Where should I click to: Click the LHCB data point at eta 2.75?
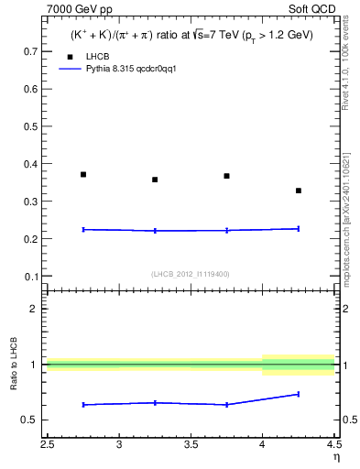click(83, 174)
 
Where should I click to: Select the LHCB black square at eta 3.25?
click(155, 180)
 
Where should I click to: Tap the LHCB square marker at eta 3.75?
click(226, 176)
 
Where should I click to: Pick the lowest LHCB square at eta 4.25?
click(299, 191)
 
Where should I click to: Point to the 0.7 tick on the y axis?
click(31, 52)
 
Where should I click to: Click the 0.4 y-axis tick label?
click(31, 164)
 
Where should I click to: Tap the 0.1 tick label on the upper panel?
click(31, 276)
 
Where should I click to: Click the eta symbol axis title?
click(335, 455)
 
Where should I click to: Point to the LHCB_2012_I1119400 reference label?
click(191, 274)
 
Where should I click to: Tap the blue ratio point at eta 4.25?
click(299, 394)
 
